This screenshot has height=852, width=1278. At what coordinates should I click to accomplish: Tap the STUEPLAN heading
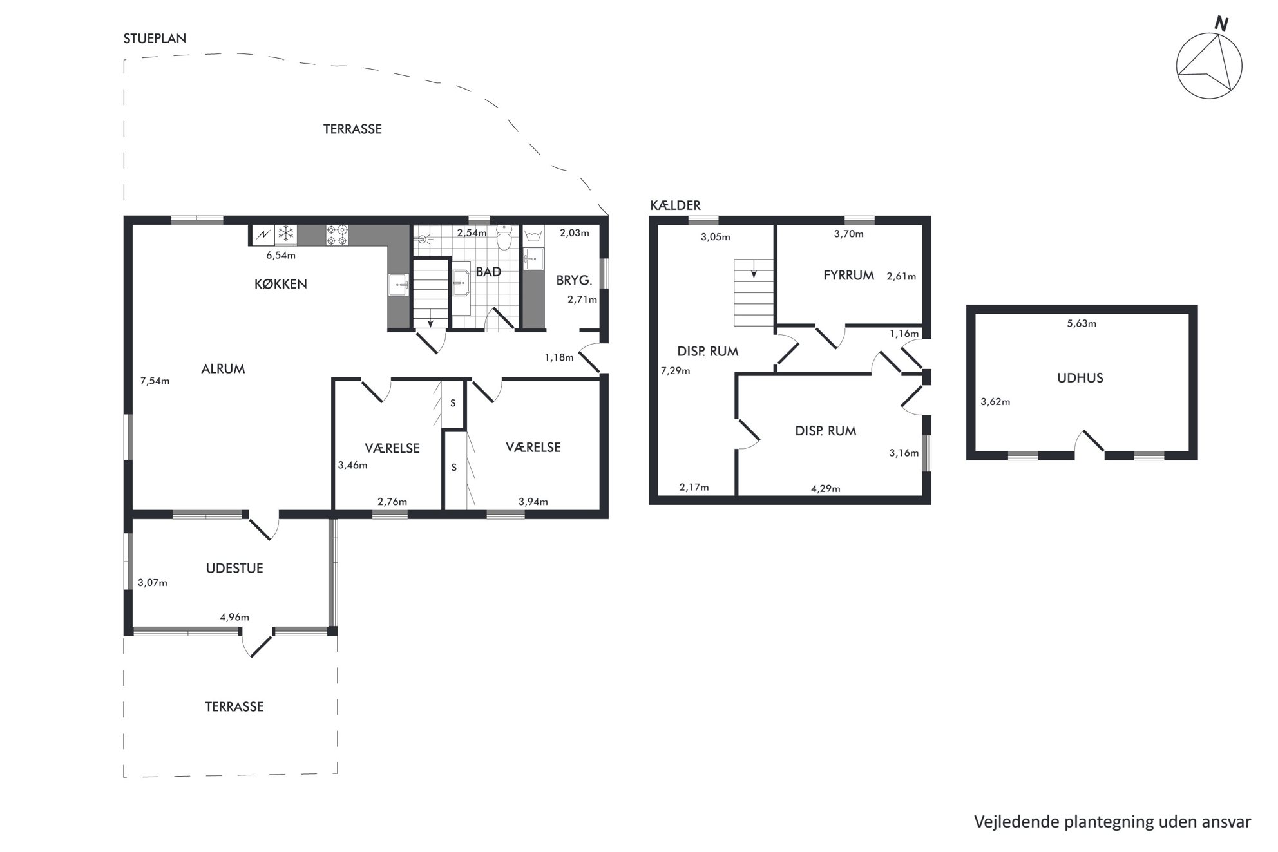click(155, 39)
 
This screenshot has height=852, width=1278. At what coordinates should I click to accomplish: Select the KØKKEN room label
click(280, 284)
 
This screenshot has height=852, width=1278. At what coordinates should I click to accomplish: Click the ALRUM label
click(223, 369)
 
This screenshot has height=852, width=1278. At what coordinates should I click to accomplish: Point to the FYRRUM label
click(848, 276)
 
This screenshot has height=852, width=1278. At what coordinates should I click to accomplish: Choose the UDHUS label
click(1080, 378)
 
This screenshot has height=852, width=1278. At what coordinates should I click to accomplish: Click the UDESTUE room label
click(234, 569)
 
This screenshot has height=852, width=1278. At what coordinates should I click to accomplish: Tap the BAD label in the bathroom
click(488, 272)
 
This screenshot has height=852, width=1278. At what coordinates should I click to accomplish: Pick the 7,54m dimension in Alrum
click(155, 381)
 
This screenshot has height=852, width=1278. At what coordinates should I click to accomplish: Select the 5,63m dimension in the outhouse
click(1082, 323)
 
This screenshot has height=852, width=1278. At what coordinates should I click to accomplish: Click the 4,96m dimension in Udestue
click(234, 617)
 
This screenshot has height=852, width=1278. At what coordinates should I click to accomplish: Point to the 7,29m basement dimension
click(675, 370)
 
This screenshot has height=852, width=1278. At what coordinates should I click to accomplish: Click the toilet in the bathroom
click(504, 237)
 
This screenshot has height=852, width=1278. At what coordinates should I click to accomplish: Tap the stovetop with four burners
click(337, 234)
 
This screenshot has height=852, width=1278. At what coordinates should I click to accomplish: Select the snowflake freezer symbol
click(285, 234)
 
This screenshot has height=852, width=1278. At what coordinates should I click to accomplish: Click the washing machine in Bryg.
click(533, 236)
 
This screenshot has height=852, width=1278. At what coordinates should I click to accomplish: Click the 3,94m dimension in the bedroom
click(533, 502)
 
